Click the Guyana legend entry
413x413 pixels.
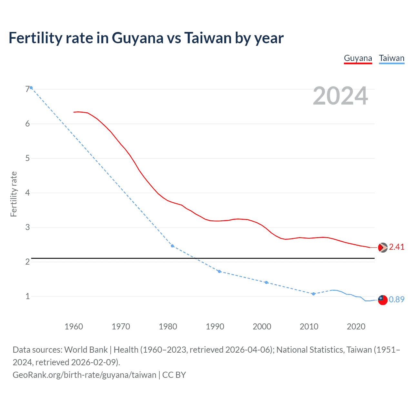[x=358, y=58]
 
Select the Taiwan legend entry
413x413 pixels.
[x=391, y=58]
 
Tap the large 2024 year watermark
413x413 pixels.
[x=340, y=96]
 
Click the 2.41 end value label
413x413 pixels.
[x=397, y=247]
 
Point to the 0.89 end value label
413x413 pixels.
[x=397, y=300]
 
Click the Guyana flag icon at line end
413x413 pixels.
[x=383, y=247]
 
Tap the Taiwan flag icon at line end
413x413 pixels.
[x=382, y=300]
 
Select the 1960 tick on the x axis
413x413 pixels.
[x=74, y=327]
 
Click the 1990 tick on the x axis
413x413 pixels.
[x=215, y=327]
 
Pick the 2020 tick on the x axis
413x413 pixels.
[x=356, y=327]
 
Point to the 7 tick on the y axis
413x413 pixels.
[x=27, y=89]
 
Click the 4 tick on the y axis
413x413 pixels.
[x=27, y=193]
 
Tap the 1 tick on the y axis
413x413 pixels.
[x=27, y=296]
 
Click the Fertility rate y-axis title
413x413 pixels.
[x=14, y=194]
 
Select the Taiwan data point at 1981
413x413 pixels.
[x=172, y=246]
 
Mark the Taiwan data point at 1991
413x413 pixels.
[x=219, y=271]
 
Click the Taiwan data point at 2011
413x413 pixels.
[x=313, y=294]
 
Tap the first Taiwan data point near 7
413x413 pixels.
[x=31, y=87]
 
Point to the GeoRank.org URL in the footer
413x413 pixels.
[x=84, y=375]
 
